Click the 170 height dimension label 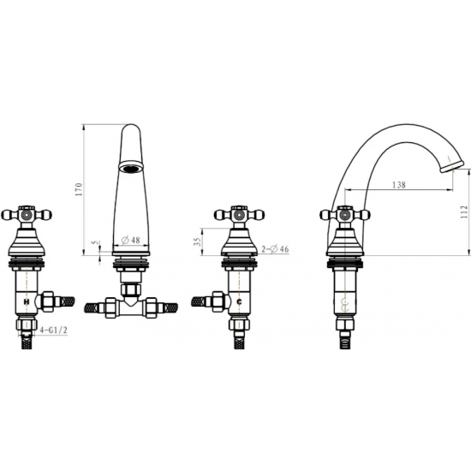click(79, 189)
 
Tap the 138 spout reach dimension click(399, 185)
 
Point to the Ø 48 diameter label click(131, 240)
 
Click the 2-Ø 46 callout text click(275, 249)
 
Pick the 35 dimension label click(197, 241)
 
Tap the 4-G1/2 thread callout click(54, 330)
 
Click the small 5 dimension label click(96, 242)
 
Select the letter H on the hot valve click(27, 301)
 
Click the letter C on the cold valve click(240, 302)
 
